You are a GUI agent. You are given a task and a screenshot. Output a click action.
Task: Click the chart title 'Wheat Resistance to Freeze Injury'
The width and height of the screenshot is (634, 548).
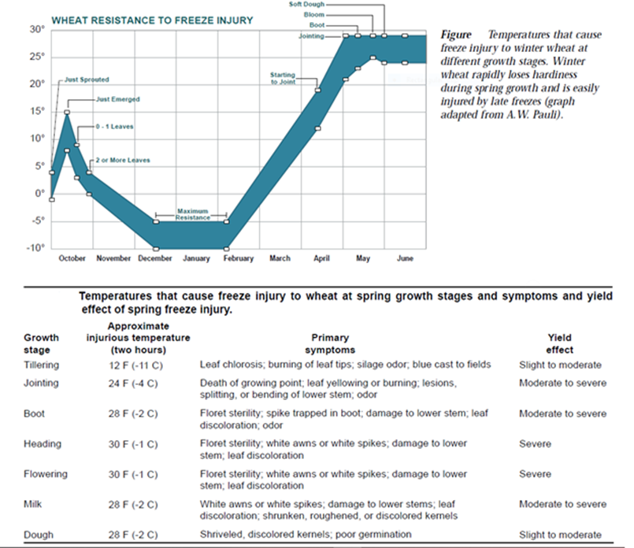[x=152, y=20]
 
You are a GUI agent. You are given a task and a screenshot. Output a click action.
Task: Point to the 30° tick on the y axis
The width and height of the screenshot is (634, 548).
[x=37, y=29]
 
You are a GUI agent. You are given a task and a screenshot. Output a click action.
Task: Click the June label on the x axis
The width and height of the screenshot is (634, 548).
[x=405, y=258]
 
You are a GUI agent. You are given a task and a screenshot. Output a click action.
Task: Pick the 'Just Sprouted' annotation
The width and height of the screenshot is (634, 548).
[x=87, y=80]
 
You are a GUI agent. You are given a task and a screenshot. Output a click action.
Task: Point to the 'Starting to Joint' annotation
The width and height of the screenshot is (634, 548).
[x=284, y=77]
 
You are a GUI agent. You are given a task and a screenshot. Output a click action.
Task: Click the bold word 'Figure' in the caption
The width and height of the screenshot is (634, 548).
[x=455, y=35]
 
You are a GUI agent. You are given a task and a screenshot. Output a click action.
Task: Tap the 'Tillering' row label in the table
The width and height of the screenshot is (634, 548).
[x=41, y=365]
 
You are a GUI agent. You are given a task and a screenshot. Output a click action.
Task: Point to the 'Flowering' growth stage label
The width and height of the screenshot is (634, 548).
[x=45, y=475]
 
